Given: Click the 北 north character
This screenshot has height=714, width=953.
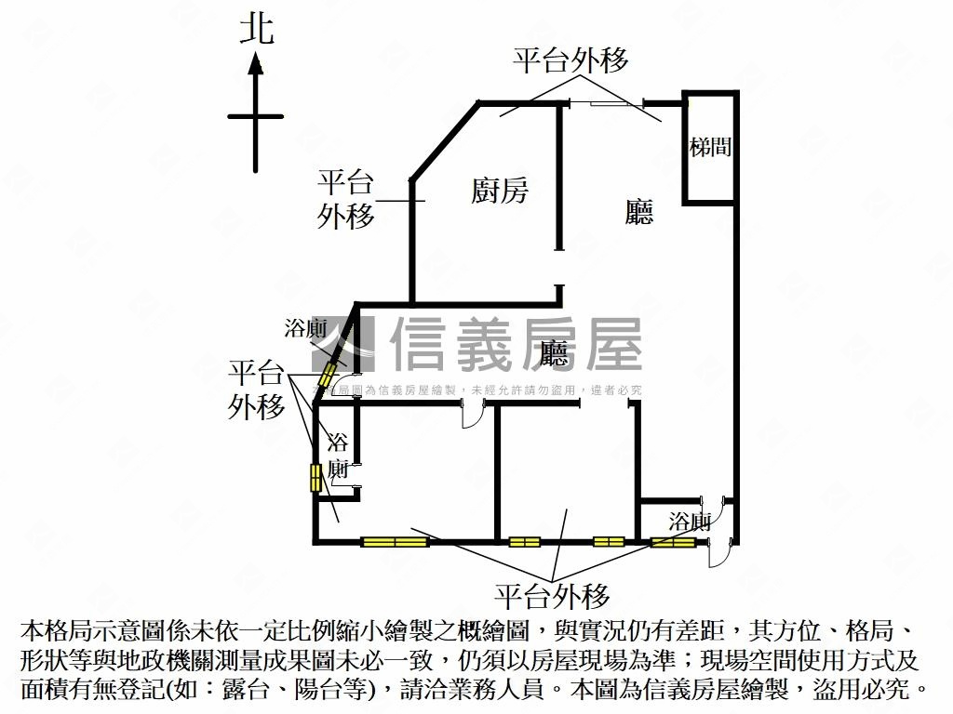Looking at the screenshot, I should point(257,29).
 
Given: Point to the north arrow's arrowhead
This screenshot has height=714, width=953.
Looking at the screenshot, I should point(256,63).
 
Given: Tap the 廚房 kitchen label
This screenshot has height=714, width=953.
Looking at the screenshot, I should point(499,192).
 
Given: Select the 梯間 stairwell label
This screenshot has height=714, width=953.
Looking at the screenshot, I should point(710,146).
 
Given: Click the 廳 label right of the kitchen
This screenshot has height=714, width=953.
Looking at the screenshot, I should point(639,212).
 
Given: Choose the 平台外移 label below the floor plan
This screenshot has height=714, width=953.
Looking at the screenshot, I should point(552,595).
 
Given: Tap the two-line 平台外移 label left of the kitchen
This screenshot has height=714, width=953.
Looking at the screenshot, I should point(346,199).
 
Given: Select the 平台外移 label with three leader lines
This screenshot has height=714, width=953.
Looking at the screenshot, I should point(257,390).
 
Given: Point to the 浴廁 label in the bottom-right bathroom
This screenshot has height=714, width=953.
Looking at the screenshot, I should point(690,521).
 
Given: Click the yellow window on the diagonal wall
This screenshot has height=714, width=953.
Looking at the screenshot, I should point(327,376).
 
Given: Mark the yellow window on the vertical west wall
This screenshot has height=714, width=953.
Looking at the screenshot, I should point(315,477).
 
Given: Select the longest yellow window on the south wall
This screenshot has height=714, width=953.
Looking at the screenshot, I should point(395,541).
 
